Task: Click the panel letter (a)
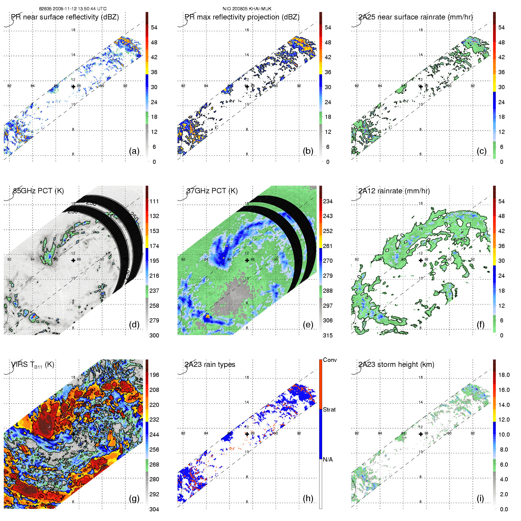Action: pyautogui.click(x=134, y=151)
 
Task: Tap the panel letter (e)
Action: pyautogui.click(x=308, y=325)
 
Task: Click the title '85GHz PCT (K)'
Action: pyautogui.click(x=39, y=191)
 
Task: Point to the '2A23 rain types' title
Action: pyautogui.click(x=210, y=364)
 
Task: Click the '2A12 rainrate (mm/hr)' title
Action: pyautogui.click(x=394, y=191)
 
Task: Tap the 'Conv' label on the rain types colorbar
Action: pyautogui.click(x=330, y=360)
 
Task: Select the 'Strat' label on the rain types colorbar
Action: pyautogui.click(x=329, y=410)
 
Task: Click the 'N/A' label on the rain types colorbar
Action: pyautogui.click(x=328, y=460)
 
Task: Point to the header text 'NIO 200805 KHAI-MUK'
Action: pyautogui.click(x=247, y=9)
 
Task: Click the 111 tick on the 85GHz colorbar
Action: pyautogui.click(x=154, y=201)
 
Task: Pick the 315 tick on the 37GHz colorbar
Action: pyautogui.click(x=328, y=335)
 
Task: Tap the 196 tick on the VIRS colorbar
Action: pyautogui.click(x=154, y=375)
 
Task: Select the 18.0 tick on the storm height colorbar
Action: pyautogui.click(x=504, y=375)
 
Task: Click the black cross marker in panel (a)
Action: pyautogui.click(x=73, y=86)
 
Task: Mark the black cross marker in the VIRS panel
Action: pyautogui.click(x=73, y=434)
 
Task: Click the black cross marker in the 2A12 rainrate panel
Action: pyautogui.click(x=421, y=260)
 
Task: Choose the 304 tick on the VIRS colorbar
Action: pyautogui.click(x=154, y=509)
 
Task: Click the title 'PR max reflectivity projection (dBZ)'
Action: pyautogui.click(x=242, y=17)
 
